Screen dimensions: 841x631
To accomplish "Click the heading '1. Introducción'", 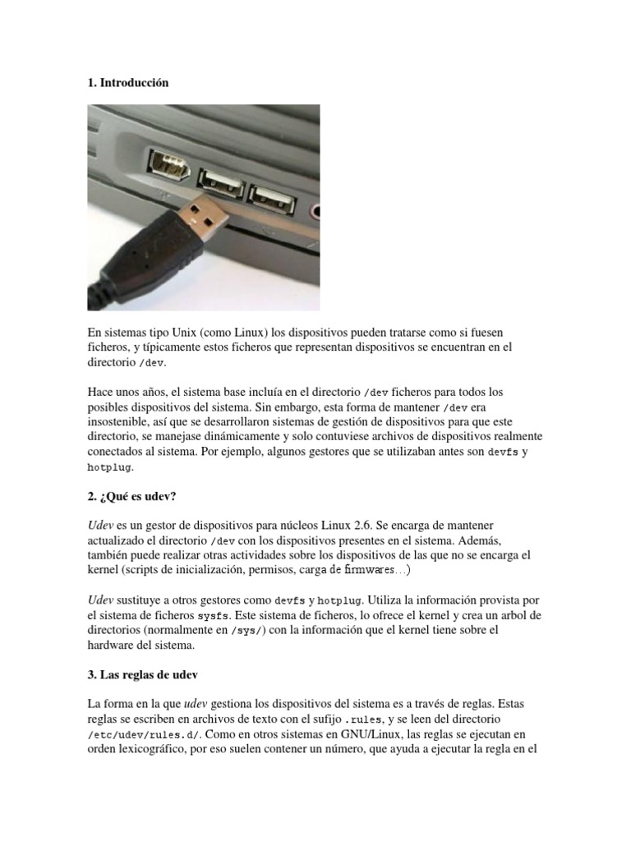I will coord(127,83).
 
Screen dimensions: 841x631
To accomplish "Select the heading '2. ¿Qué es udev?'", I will coord(132,498).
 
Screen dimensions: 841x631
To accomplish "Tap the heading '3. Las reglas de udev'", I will coord(143,675).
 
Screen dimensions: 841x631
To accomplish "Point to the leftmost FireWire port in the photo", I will coord(169,164).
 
